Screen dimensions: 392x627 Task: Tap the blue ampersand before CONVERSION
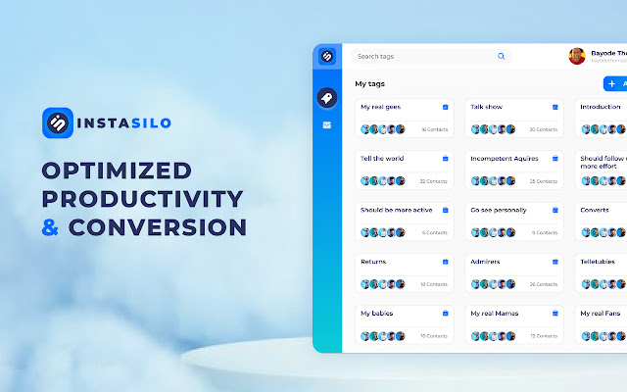(x=52, y=227)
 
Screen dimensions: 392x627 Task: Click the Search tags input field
(x=421, y=57)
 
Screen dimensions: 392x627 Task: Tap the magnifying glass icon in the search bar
(x=502, y=57)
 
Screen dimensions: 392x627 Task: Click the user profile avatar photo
(x=577, y=56)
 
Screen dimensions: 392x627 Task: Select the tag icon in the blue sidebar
(x=327, y=97)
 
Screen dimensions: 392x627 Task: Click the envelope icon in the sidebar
(x=327, y=125)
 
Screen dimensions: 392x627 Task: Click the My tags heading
(x=369, y=84)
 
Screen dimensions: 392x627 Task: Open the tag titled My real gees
(x=380, y=107)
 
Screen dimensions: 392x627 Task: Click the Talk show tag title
(x=487, y=107)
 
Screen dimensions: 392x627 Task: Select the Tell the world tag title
(x=382, y=159)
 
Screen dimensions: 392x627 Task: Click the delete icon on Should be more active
(x=445, y=210)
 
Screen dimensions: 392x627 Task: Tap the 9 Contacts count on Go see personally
(x=545, y=232)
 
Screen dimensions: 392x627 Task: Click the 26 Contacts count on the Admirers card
(x=544, y=284)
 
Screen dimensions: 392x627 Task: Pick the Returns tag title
(x=373, y=262)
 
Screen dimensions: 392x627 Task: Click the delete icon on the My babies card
(x=445, y=314)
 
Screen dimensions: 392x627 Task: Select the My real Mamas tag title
(x=495, y=314)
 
